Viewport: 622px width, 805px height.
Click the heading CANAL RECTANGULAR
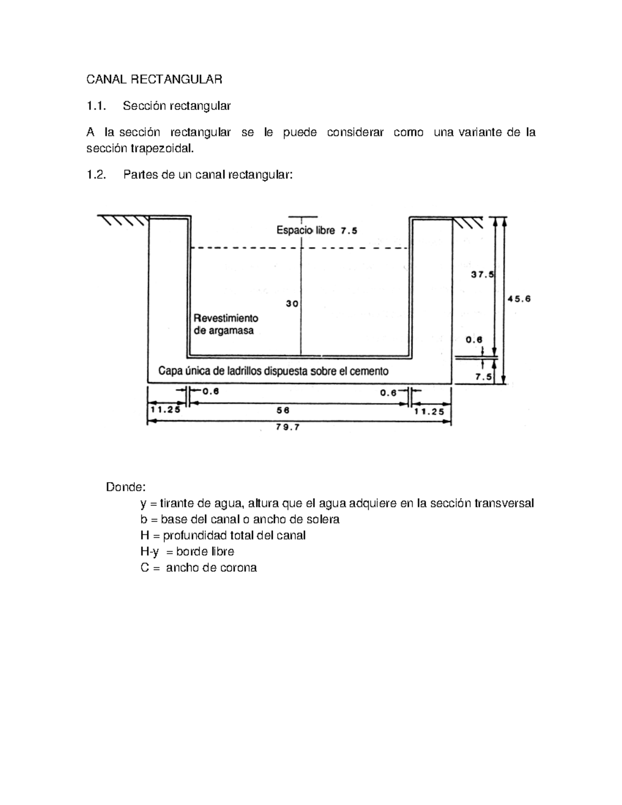click(x=154, y=79)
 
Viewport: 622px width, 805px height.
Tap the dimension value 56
click(x=283, y=410)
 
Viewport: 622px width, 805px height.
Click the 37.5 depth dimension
click(x=482, y=275)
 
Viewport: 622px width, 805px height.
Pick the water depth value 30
click(x=292, y=304)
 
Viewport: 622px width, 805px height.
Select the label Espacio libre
click(x=305, y=230)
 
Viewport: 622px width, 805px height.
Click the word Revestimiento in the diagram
click(x=225, y=318)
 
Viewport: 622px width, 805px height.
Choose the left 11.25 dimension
click(x=166, y=409)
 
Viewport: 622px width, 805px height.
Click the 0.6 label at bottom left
click(x=210, y=392)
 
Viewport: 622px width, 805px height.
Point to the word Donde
click(x=126, y=487)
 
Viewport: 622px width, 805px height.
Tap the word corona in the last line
click(x=238, y=568)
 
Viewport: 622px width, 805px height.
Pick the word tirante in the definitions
click(x=177, y=503)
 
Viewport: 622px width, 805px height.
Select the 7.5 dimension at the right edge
click(x=485, y=377)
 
